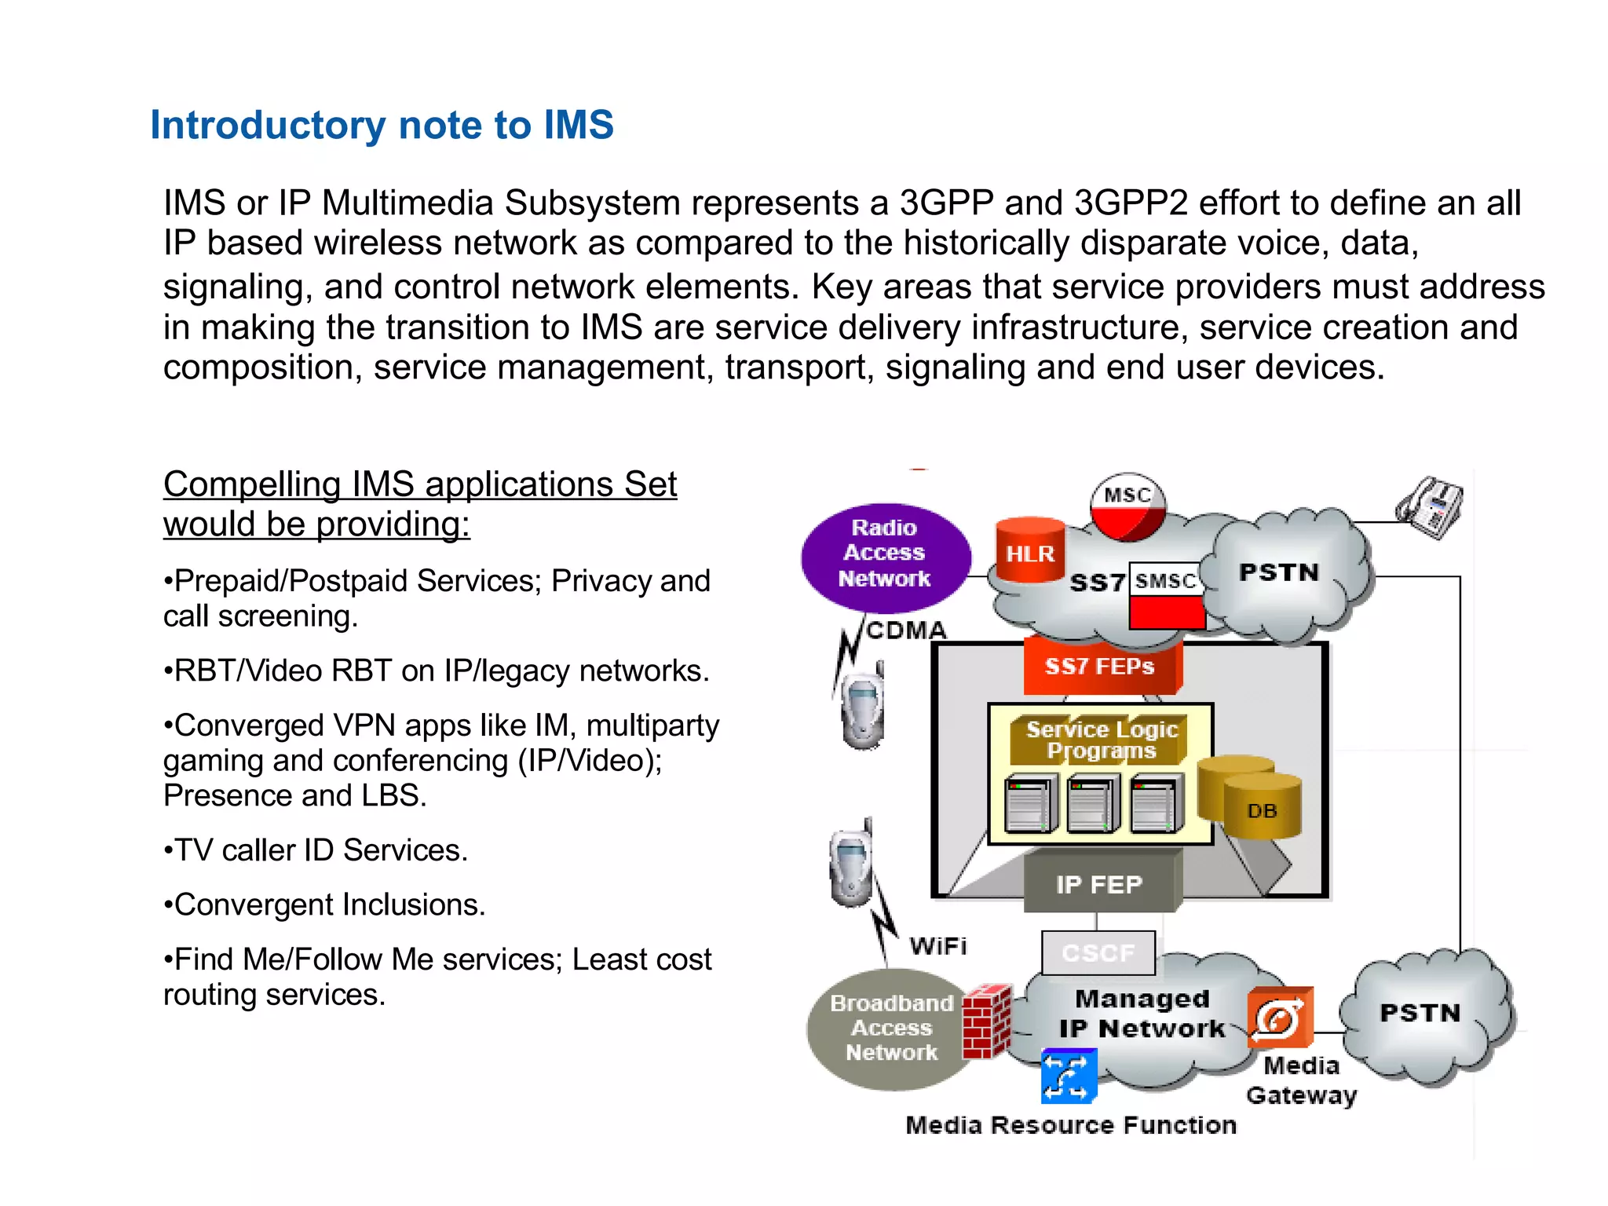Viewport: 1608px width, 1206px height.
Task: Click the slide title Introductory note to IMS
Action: [382, 126]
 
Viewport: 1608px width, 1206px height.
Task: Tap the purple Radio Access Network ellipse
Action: [885, 554]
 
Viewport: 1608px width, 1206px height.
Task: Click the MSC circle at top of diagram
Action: [1127, 506]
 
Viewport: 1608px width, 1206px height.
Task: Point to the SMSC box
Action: [1166, 581]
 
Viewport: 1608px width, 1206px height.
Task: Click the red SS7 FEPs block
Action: [1100, 667]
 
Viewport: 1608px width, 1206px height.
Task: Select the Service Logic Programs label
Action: [1101, 740]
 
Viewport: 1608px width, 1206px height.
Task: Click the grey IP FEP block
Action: [1099, 885]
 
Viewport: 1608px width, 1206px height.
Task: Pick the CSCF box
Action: [1098, 952]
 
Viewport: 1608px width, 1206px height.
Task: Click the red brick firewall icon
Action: [986, 1021]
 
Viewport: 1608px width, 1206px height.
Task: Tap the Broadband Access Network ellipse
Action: [890, 1029]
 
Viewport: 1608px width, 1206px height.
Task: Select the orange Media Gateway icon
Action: [1280, 1018]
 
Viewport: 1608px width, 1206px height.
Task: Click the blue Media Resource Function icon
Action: [1069, 1076]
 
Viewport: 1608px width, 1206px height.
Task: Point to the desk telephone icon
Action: [1431, 508]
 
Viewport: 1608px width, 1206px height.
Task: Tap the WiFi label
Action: [938, 946]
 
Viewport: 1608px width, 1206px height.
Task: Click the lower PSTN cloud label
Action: [1420, 1013]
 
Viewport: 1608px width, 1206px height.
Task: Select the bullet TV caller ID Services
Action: [316, 850]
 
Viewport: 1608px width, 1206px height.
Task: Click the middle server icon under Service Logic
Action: [1092, 804]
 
